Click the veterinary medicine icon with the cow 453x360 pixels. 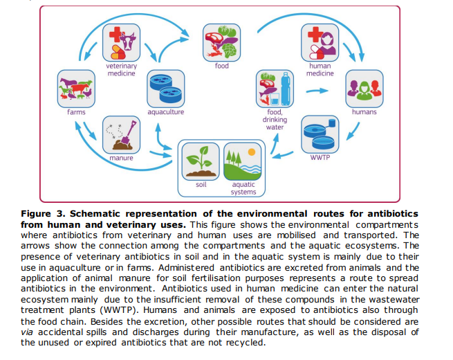[x=120, y=43]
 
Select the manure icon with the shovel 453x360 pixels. [x=120, y=134]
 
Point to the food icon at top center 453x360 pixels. [x=221, y=42]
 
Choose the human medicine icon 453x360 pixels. [x=320, y=42]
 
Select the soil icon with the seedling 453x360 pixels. [x=201, y=161]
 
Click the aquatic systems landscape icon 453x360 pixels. [x=243, y=161]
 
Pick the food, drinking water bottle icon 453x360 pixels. [x=275, y=88]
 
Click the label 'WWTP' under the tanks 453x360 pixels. [x=320, y=158]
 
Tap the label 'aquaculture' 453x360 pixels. [x=165, y=111]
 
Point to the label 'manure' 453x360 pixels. [x=121, y=158]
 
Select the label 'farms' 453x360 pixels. [x=76, y=111]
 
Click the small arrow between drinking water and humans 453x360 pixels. [x=317, y=90]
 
